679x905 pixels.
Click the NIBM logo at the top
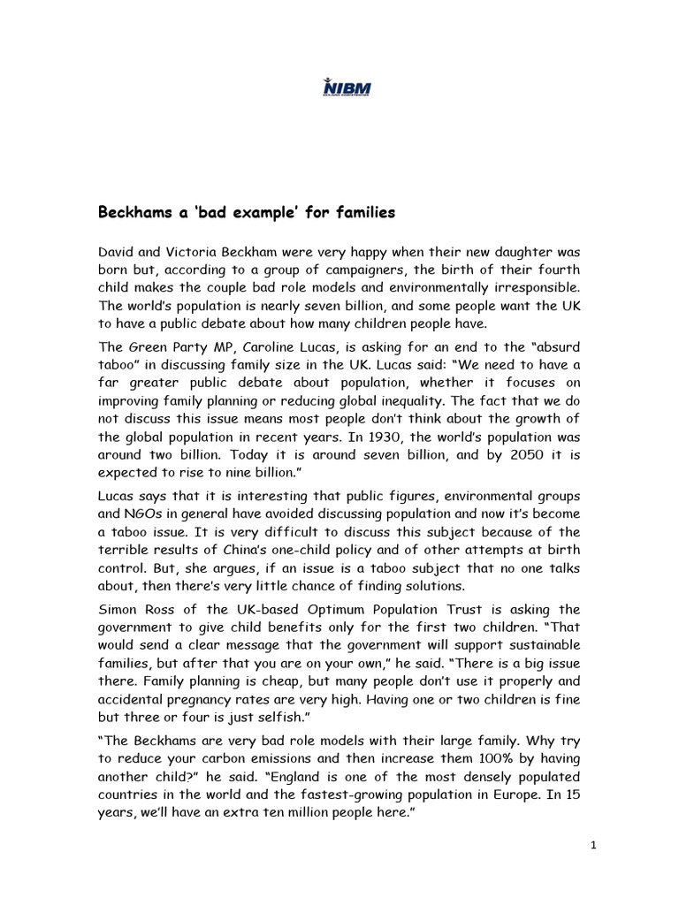point(347,87)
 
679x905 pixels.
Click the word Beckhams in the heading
point(133,213)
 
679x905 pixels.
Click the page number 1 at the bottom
point(594,846)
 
